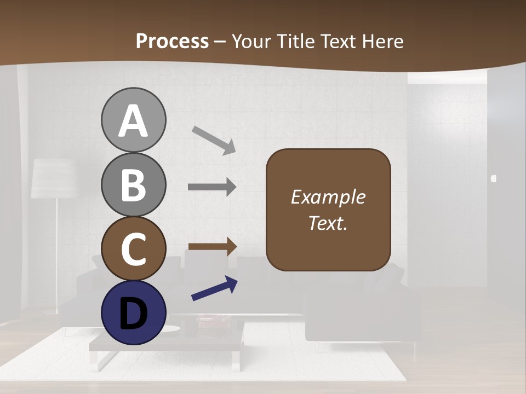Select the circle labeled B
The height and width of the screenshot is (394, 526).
133,184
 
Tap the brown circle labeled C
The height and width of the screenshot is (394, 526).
133,248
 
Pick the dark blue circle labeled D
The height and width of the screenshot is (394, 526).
133,312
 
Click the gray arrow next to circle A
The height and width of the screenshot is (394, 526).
214,140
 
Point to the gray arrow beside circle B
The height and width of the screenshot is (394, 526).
212,187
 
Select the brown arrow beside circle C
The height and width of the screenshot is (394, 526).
212,246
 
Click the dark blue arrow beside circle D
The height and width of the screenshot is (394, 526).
214,289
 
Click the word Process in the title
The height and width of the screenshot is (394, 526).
172,41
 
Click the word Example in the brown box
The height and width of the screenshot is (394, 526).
328,197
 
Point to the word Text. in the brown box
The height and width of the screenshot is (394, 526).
328,223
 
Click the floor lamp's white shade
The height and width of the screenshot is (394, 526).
53,178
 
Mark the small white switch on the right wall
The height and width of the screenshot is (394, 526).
494,177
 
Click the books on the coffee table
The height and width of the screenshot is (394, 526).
214,319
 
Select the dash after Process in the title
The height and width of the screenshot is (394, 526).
220,42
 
